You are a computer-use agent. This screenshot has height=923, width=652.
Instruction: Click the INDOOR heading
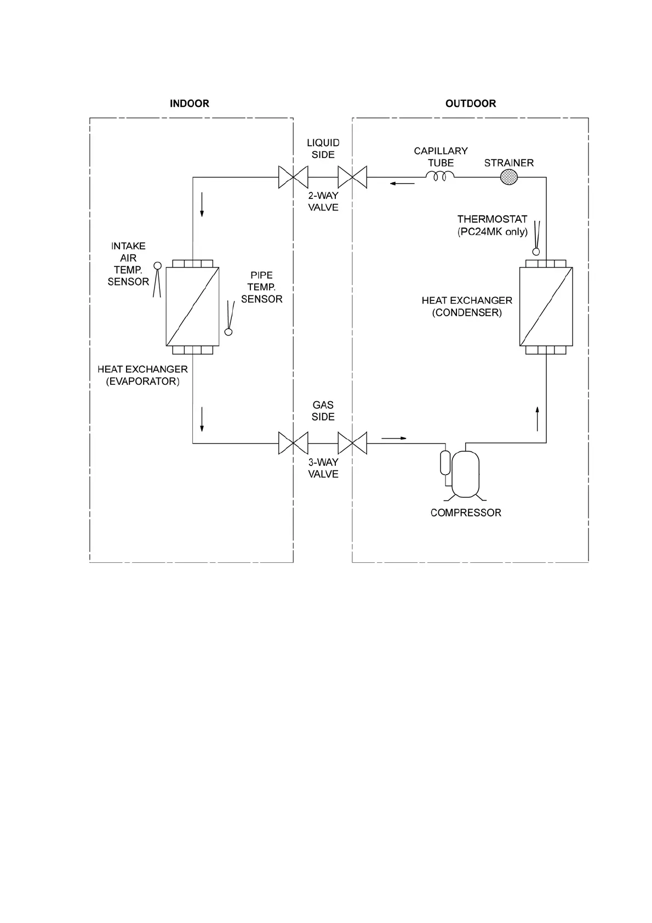coord(189,104)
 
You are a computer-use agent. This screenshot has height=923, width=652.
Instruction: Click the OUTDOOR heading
coord(470,104)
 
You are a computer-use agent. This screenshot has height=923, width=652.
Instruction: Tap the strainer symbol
coord(509,177)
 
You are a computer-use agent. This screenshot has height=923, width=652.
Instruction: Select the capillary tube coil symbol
coord(440,176)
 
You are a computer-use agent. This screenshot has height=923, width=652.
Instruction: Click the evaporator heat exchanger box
coord(192,306)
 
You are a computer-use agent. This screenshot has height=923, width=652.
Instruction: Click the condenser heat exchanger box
coord(546,306)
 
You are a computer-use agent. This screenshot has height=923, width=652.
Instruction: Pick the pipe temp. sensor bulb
coord(228,332)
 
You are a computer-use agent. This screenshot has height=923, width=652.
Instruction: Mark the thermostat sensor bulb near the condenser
coord(536,252)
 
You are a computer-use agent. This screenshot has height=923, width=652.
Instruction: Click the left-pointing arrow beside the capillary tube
coord(402,184)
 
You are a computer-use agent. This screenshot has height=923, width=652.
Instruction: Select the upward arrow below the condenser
coord(537,419)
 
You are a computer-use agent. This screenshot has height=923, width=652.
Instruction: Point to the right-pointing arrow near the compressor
coord(394,438)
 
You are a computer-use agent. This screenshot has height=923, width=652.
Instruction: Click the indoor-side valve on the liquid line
coord(293,177)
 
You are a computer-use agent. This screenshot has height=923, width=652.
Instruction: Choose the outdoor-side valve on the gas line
coord(352,443)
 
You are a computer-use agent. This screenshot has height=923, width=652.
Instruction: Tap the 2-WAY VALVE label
coord(323,202)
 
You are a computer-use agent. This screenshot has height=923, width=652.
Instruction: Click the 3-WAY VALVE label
coord(323,468)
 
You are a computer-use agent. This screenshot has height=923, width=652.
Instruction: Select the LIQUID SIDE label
coord(323,149)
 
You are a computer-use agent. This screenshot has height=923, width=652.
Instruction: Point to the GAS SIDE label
coord(323,411)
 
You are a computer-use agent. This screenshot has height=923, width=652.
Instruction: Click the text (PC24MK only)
coord(493,232)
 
